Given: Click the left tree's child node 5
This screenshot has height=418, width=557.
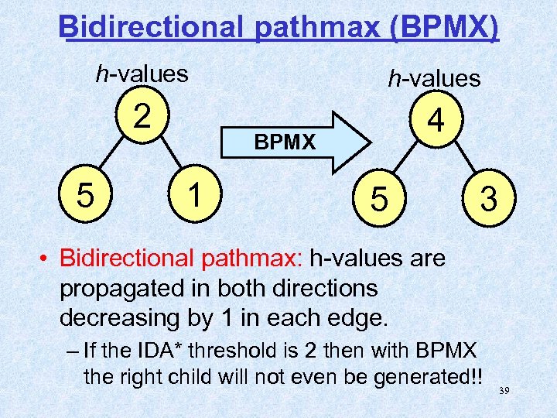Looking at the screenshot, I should point(87,194).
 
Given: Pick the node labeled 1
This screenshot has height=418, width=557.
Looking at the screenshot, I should point(196,193).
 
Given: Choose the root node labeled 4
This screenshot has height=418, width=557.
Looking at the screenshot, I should point(436,122).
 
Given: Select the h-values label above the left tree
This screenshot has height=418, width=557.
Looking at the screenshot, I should point(142,74).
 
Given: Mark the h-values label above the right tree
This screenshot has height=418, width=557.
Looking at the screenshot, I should point(434,78).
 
